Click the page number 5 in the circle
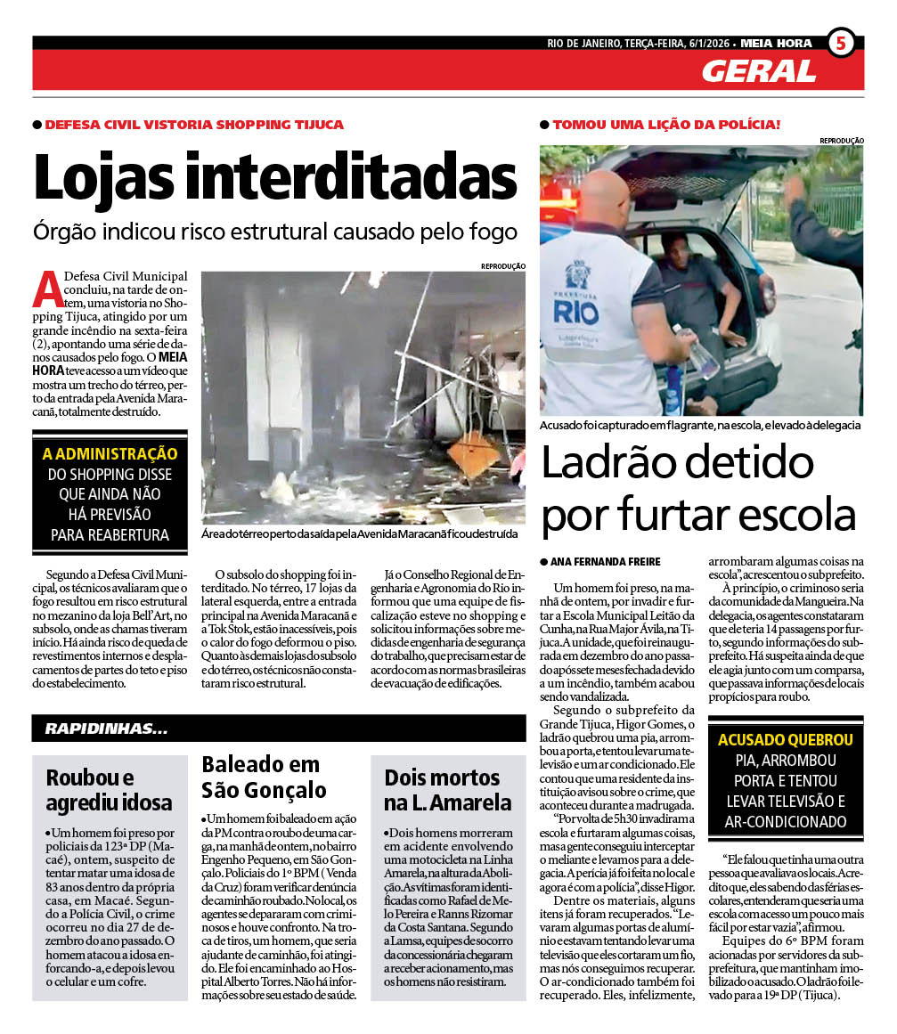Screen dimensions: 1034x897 [x=840, y=43]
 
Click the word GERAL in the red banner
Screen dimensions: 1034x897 [x=758, y=71]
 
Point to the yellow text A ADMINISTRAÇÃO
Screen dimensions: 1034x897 [x=110, y=453]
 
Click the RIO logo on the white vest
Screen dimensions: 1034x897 [x=576, y=312]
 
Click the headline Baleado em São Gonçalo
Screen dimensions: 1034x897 [x=260, y=777]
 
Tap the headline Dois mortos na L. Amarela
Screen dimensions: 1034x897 [x=447, y=789]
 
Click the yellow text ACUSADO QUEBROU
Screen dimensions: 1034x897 [x=785, y=739]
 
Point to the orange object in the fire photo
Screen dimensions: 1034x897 [x=473, y=452]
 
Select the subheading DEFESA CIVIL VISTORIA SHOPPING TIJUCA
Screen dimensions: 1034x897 [x=194, y=125]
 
